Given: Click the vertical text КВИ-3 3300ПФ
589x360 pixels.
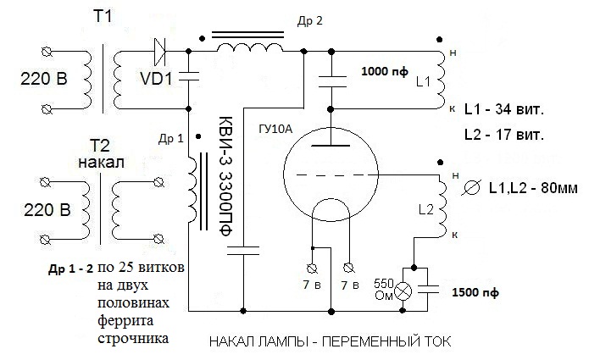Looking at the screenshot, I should (x=225, y=174).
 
